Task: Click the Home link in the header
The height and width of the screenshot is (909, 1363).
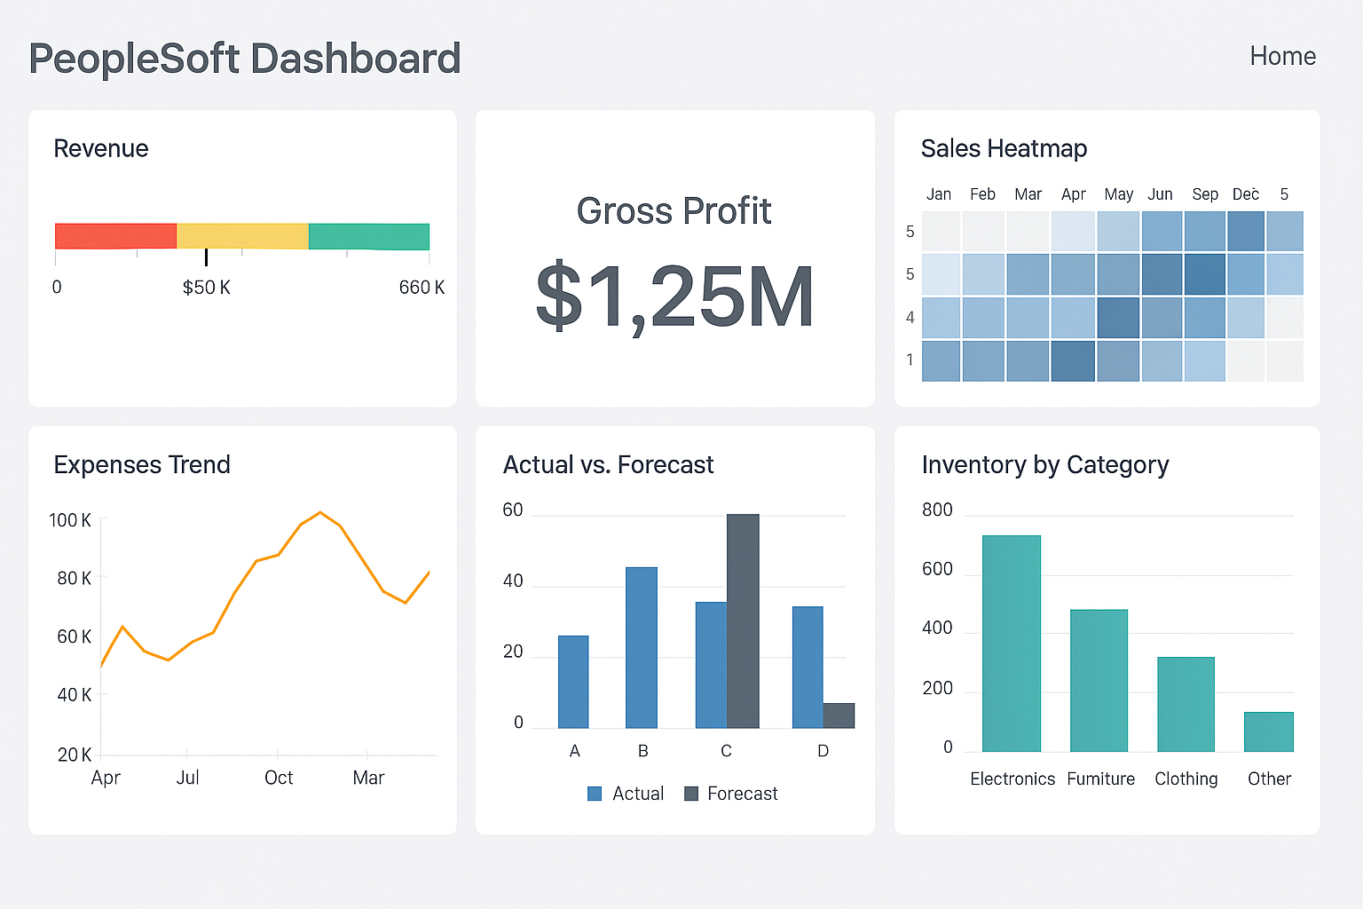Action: pyautogui.click(x=1282, y=56)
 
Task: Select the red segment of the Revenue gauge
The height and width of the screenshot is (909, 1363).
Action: pyautogui.click(x=115, y=236)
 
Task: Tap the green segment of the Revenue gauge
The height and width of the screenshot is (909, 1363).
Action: pyautogui.click(x=368, y=236)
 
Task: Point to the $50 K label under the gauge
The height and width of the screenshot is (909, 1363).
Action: pyautogui.click(x=206, y=288)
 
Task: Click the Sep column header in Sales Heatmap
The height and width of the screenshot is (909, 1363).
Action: pyautogui.click(x=1204, y=194)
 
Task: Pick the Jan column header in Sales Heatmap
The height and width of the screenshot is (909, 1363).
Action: pyautogui.click(x=938, y=194)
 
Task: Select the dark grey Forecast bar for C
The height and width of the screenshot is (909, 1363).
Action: pyautogui.click(x=743, y=621)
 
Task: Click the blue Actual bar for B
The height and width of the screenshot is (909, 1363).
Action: pyautogui.click(x=642, y=648)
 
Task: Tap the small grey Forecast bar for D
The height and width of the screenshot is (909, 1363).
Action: pyautogui.click(x=839, y=715)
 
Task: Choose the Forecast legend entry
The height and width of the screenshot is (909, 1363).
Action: pyautogui.click(x=731, y=794)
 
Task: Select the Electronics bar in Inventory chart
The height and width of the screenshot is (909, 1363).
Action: pyautogui.click(x=1011, y=644)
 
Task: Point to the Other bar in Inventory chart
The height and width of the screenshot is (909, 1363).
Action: pyautogui.click(x=1268, y=731)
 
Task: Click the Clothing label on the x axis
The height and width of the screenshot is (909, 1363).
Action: pyautogui.click(x=1186, y=779)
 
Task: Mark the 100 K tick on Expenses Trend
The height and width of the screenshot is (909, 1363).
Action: pyautogui.click(x=70, y=520)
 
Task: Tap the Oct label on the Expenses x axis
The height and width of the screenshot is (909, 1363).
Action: pyautogui.click(x=279, y=778)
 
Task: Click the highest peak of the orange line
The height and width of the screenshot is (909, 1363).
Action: pyautogui.click(x=320, y=512)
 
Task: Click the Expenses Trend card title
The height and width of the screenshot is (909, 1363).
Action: pyautogui.click(x=142, y=464)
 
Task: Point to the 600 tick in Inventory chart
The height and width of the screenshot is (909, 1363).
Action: pyautogui.click(x=937, y=569)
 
